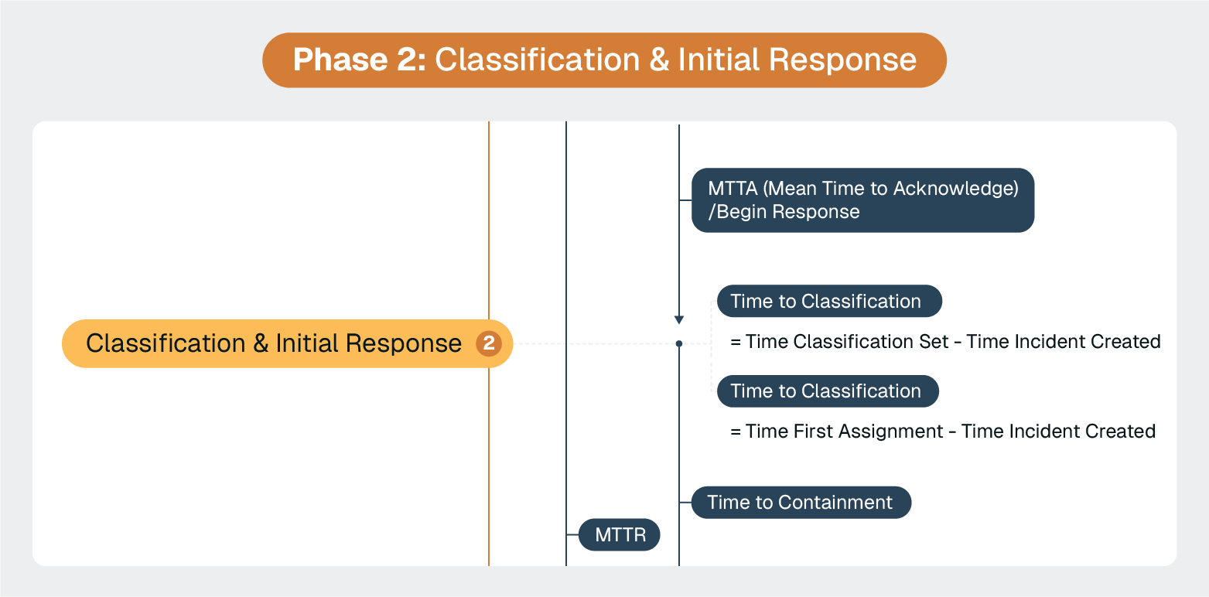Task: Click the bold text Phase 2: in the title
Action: [359, 60]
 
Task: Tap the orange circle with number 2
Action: [488, 343]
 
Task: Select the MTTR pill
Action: [620, 535]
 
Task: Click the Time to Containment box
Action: [800, 503]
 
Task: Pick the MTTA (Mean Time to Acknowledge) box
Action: [862, 200]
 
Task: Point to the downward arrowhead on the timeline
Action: [679, 319]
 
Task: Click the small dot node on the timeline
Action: [679, 343]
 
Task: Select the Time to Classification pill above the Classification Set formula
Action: [828, 302]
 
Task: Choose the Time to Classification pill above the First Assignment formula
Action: [827, 391]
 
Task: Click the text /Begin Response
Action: [784, 212]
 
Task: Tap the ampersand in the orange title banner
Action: [659, 60]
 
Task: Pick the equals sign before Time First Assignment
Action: [736, 431]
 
